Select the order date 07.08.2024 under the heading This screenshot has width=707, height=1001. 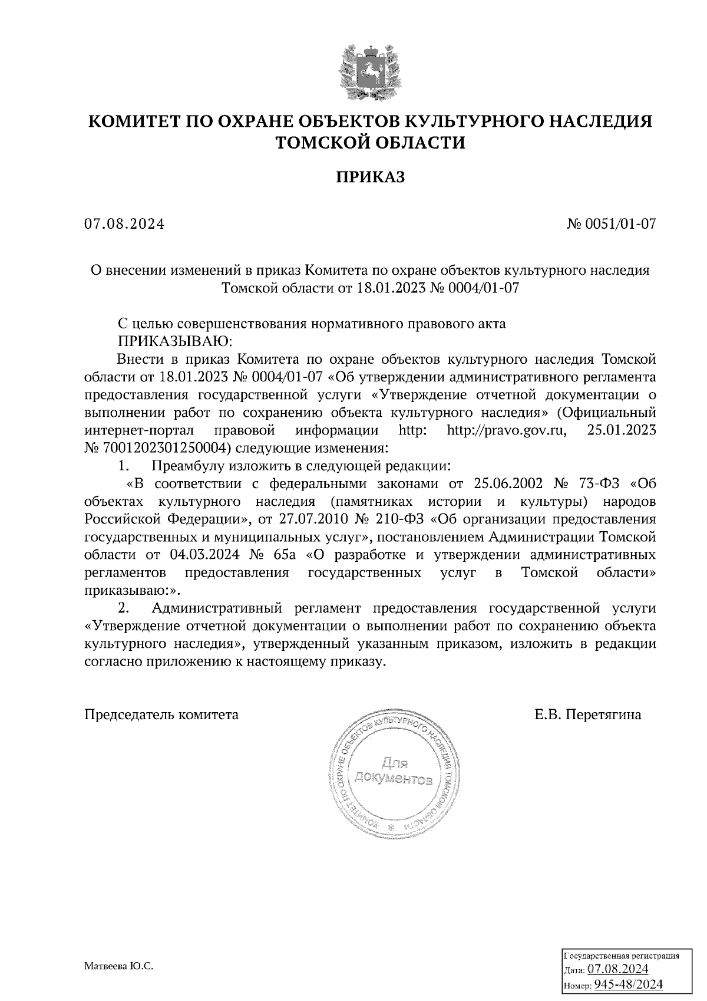tap(124, 225)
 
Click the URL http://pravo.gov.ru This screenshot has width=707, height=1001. tap(506, 430)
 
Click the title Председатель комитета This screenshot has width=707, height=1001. tap(162, 715)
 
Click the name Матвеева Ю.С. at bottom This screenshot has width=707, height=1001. tap(118, 967)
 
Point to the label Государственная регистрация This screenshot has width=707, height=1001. tap(622, 955)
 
